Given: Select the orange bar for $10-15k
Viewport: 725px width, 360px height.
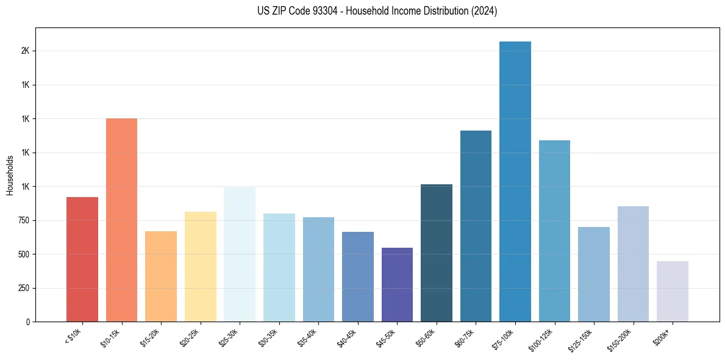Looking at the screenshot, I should (121, 220).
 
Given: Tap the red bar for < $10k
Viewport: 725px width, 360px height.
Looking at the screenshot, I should (82, 259).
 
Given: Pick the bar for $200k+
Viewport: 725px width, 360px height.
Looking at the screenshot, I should (673, 291).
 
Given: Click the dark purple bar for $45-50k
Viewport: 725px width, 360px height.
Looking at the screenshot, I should (397, 284).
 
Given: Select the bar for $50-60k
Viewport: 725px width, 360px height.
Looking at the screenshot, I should (437, 253).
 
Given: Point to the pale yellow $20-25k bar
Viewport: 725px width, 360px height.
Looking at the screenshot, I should (201, 267).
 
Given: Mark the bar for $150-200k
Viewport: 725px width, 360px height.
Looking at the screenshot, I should (633, 264).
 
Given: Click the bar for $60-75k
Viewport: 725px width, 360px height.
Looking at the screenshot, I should (476, 226).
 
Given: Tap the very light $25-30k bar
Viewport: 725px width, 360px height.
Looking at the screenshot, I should (240, 254).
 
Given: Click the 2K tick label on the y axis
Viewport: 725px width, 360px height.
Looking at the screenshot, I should (25, 51).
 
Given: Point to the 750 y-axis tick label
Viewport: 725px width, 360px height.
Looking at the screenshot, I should (23, 220).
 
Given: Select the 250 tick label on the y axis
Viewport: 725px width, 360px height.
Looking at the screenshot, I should (23, 288).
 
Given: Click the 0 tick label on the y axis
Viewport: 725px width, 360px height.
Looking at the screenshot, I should (27, 322).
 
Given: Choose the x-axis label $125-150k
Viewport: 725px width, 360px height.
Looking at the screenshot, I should (582, 340).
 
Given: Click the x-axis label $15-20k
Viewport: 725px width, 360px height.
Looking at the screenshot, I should (150, 338).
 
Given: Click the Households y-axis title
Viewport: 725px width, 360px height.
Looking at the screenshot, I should (10, 175).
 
